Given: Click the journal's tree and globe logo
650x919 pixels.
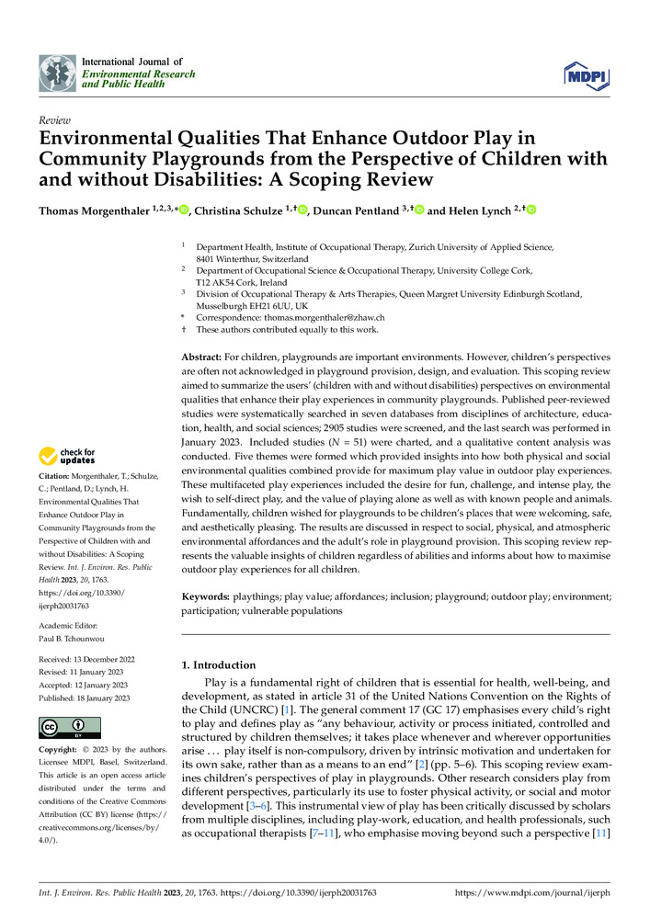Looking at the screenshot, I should pyautogui.click(x=57, y=71).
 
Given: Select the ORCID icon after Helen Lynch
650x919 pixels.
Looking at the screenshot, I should pyautogui.click(x=530, y=211).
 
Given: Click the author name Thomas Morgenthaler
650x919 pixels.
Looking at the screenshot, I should pyautogui.click(x=91, y=211).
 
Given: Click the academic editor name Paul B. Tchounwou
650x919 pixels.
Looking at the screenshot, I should pyautogui.click(x=81, y=636).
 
